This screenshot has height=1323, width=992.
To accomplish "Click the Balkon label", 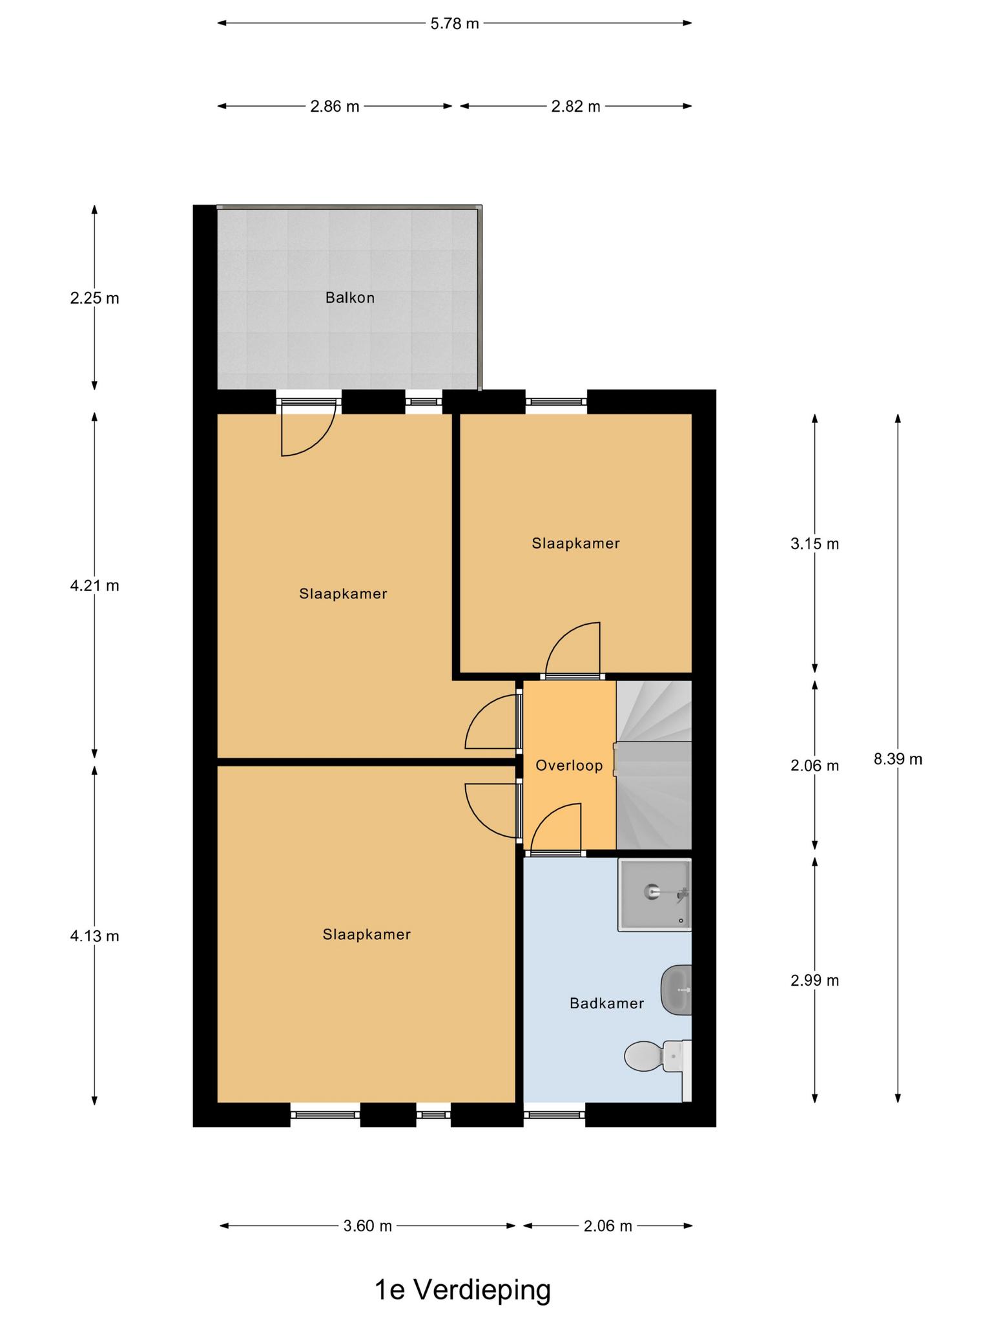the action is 349,298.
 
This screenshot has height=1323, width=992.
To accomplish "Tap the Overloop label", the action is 569,766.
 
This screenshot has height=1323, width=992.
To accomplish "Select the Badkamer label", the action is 606,1003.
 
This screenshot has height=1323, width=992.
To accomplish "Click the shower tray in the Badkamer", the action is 655,895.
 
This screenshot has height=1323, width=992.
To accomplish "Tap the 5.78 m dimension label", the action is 455,24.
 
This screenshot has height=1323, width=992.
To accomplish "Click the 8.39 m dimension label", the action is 898,759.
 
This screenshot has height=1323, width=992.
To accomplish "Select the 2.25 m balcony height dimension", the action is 94,298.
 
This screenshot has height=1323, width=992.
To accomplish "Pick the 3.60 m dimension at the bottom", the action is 367,1225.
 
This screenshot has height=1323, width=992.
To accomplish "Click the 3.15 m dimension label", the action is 814,544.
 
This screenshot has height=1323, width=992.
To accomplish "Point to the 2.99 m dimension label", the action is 814,981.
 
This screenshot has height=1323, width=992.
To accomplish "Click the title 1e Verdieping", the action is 463,1290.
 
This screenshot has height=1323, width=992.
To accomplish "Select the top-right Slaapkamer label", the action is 575,543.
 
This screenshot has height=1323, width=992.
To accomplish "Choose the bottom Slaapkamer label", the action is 367,934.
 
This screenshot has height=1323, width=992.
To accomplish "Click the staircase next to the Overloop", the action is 654,765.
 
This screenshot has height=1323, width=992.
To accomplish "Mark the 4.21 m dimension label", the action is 94,586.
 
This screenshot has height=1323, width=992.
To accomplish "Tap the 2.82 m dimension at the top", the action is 575,107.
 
